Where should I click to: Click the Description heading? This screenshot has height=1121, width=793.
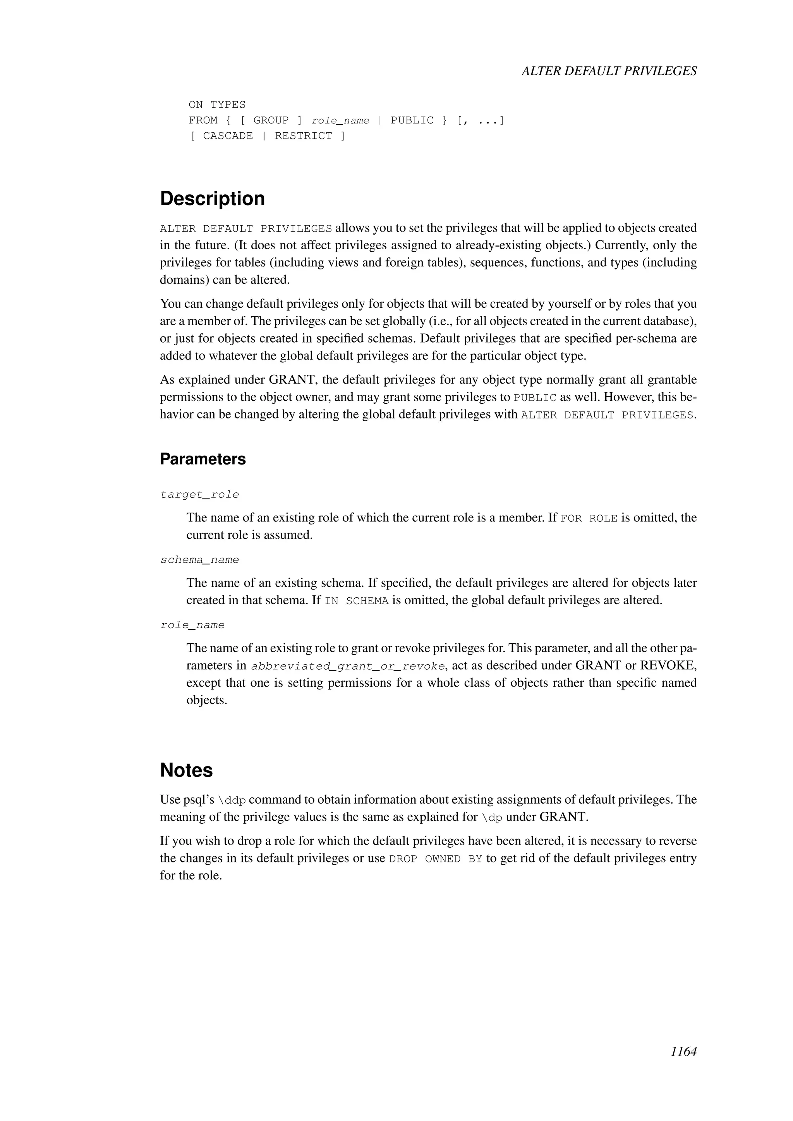(x=213, y=199)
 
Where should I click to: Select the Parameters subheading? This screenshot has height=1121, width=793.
(x=203, y=459)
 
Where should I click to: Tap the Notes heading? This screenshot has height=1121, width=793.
(x=187, y=770)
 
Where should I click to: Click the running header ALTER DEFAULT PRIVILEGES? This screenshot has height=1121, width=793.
(x=609, y=71)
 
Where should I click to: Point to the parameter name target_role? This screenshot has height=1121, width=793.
(x=200, y=495)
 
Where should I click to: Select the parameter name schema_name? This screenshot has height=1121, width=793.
(x=200, y=560)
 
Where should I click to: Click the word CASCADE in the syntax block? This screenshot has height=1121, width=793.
(x=228, y=136)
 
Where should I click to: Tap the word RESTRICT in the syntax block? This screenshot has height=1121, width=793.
(x=304, y=136)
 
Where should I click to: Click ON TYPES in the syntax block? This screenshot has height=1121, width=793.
(x=217, y=105)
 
